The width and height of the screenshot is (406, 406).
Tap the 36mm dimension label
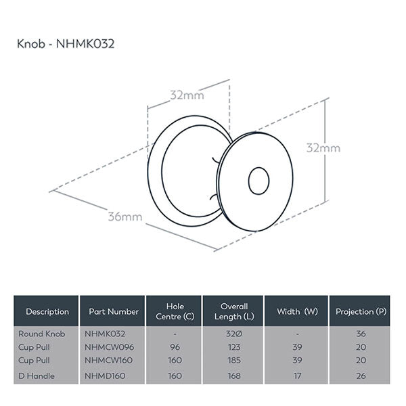point(126,217)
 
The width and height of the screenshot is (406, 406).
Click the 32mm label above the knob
point(187,95)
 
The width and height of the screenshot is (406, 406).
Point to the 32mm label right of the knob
point(323,148)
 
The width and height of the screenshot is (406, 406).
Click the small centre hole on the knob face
point(258,181)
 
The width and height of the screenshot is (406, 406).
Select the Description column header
point(47,312)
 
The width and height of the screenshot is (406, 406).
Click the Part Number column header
point(114,312)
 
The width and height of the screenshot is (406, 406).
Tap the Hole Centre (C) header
point(175,312)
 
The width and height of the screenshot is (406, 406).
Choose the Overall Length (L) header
point(234,312)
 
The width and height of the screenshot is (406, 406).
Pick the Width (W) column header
point(296,312)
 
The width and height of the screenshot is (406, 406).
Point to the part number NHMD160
point(106,376)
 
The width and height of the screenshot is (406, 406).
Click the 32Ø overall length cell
point(234,334)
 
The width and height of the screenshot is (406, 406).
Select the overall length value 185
point(234,360)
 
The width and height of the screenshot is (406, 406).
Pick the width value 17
point(296,376)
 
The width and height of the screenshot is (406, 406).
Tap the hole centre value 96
point(175,346)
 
